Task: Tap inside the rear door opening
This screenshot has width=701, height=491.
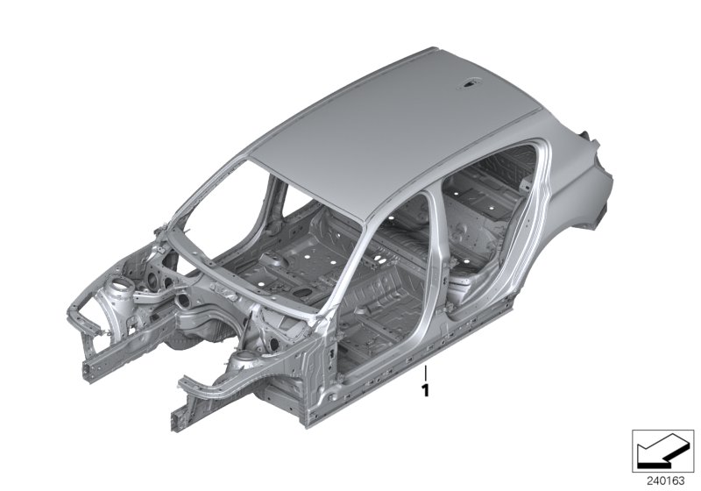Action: (491, 228)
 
